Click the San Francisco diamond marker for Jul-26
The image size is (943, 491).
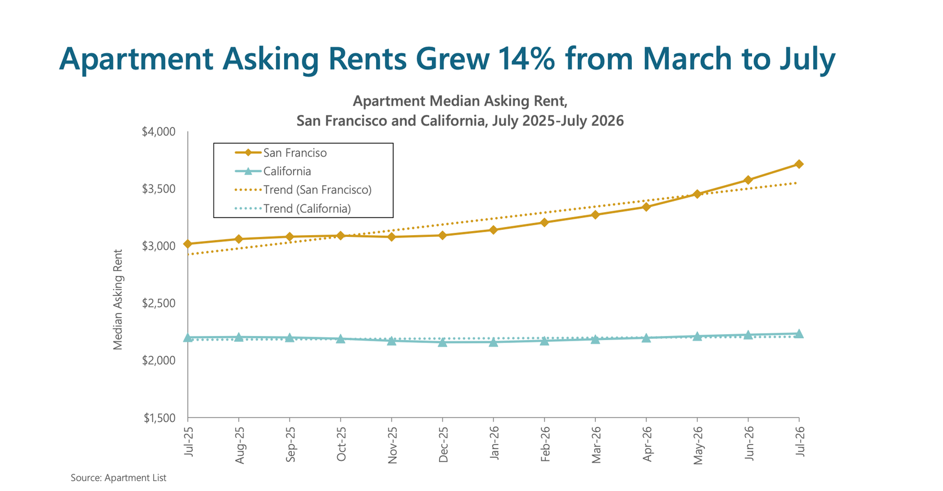799,164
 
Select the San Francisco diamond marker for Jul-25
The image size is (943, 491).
188,244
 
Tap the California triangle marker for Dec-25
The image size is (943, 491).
443,342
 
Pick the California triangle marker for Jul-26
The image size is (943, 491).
799,334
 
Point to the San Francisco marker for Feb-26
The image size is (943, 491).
545,222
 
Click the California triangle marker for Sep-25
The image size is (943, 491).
289,337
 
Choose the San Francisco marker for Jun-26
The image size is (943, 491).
748,180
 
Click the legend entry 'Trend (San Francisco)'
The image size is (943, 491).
303,190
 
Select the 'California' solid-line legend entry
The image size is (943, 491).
273,172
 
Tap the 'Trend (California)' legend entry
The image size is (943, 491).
292,209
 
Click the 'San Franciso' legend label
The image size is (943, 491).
295,153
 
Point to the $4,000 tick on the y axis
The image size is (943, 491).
159,132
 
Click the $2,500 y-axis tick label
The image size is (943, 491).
159,303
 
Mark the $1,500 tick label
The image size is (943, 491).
160,418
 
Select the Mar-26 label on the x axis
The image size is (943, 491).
596,444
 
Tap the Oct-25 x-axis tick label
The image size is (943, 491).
341,444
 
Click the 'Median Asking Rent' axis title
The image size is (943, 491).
118,300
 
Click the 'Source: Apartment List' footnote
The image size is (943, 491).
118,477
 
